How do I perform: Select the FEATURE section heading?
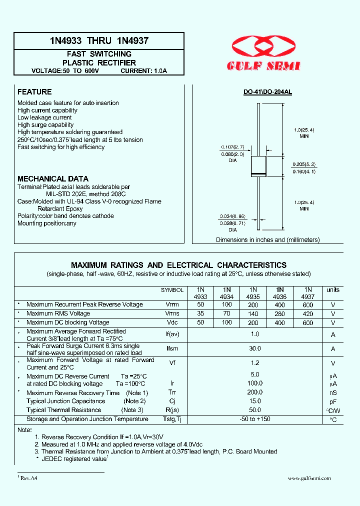pyautogui.click(x=34, y=92)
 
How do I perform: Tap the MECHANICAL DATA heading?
pyautogui.click(x=53, y=178)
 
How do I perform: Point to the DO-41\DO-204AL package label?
pyautogui.click(x=267, y=92)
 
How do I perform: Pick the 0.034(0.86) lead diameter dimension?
pyautogui.click(x=232, y=216)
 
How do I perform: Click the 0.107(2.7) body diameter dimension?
pyautogui.click(x=232, y=147)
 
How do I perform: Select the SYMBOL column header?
pyautogui.click(x=172, y=290)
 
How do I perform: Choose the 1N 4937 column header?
pyautogui.click(x=308, y=293)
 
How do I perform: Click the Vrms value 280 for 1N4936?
pyautogui.click(x=280, y=314)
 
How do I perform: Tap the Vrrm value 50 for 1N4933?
pyautogui.click(x=200, y=304)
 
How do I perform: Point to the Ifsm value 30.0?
pyautogui.click(x=255, y=348)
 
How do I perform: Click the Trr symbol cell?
pyautogui.click(x=172, y=393)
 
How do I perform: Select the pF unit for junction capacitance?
pyautogui.click(x=333, y=401)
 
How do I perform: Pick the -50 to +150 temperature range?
pyautogui.click(x=255, y=419)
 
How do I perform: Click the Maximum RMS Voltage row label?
pyautogui.click(x=58, y=313)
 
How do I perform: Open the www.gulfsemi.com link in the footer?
pyautogui.click(x=309, y=478)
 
